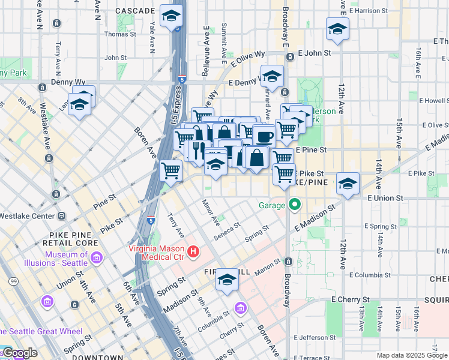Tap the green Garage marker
(x=294, y=205)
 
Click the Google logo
(x=19, y=353)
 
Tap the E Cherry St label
(x=349, y=299)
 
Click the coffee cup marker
(x=264, y=136)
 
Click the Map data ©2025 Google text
(x=412, y=355)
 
